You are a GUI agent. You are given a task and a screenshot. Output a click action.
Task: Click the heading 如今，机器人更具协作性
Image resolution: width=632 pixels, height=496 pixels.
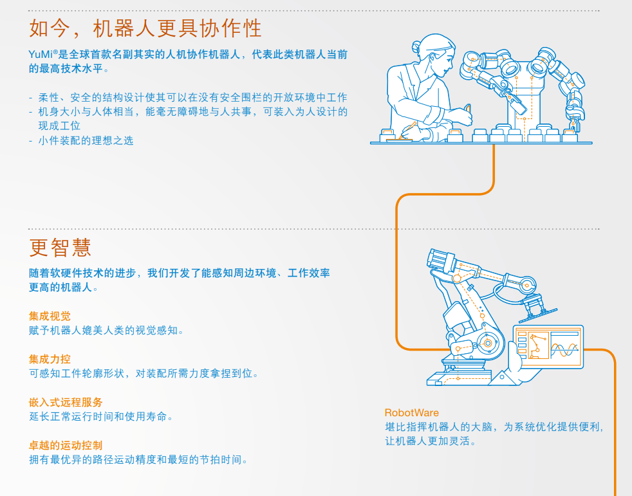pos(145,28)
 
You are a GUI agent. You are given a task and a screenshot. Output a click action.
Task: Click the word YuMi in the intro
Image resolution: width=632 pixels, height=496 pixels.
pos(41,55)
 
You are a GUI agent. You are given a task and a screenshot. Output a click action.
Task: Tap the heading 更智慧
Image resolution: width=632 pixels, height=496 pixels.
pos(60,247)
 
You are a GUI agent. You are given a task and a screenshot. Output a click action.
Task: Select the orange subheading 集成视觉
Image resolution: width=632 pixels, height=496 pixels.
pos(50,317)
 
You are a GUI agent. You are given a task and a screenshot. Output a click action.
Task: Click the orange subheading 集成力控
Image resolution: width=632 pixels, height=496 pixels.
pos(50,359)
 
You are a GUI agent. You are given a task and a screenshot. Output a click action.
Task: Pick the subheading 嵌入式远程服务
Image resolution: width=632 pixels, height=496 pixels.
pos(66,402)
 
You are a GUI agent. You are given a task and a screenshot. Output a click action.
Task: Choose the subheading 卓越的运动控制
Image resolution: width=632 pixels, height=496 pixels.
pos(66,445)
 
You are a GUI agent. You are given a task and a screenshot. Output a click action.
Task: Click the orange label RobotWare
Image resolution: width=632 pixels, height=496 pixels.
pos(411,412)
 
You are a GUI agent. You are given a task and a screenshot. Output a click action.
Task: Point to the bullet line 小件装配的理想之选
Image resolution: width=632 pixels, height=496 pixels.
pos(86,141)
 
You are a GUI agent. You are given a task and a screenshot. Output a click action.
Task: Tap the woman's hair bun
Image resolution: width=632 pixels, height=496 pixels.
pos(416,47)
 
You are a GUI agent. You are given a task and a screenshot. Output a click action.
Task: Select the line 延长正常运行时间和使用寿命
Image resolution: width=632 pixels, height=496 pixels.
pos(101,416)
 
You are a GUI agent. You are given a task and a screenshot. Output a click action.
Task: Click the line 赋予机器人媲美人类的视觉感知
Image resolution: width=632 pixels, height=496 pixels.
pos(106,331)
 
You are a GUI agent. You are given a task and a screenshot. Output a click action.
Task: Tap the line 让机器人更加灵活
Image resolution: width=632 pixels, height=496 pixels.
pos(431,441)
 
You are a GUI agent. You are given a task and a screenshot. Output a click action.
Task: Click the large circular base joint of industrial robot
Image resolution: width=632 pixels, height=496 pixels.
pos(488,343)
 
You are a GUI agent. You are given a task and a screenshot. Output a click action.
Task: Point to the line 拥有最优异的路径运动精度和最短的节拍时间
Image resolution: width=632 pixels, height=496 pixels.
pos(138,459)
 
